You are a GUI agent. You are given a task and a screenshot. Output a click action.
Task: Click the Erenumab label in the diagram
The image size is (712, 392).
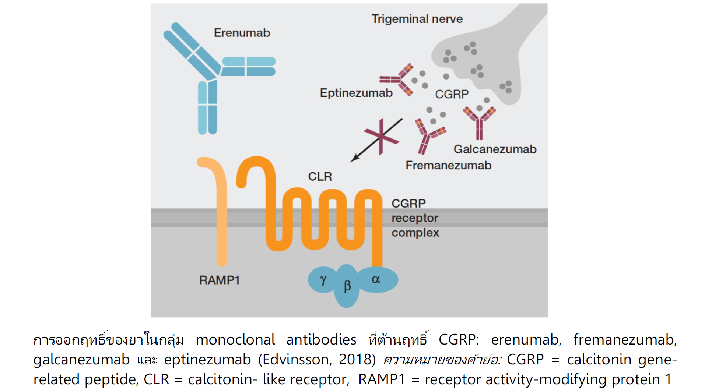coord(242,33)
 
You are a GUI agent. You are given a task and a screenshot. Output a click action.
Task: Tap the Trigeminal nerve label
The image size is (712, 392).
coord(417,19)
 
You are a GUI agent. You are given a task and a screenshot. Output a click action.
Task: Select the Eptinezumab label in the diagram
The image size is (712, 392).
coord(356,93)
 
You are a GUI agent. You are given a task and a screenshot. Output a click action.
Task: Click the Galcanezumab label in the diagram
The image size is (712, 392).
coord(495,149)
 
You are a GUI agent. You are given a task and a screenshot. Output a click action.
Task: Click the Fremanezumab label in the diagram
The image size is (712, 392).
coord(448,165)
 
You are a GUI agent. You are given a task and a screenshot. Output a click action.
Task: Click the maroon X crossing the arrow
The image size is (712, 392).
coord(382,136)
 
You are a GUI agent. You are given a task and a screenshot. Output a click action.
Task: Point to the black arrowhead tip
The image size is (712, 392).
coord(352,161)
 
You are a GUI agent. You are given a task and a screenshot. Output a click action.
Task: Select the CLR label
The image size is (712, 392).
coord(320,177)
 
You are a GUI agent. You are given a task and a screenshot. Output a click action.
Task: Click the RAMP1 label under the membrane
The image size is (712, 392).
coord(219,280)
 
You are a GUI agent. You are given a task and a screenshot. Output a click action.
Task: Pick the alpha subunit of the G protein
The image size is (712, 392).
coord(376,279)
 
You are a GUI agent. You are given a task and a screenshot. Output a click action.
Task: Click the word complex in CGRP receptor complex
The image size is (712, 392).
coord(415,233)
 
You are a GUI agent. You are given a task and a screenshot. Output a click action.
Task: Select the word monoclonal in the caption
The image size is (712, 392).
coord(235,339)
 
